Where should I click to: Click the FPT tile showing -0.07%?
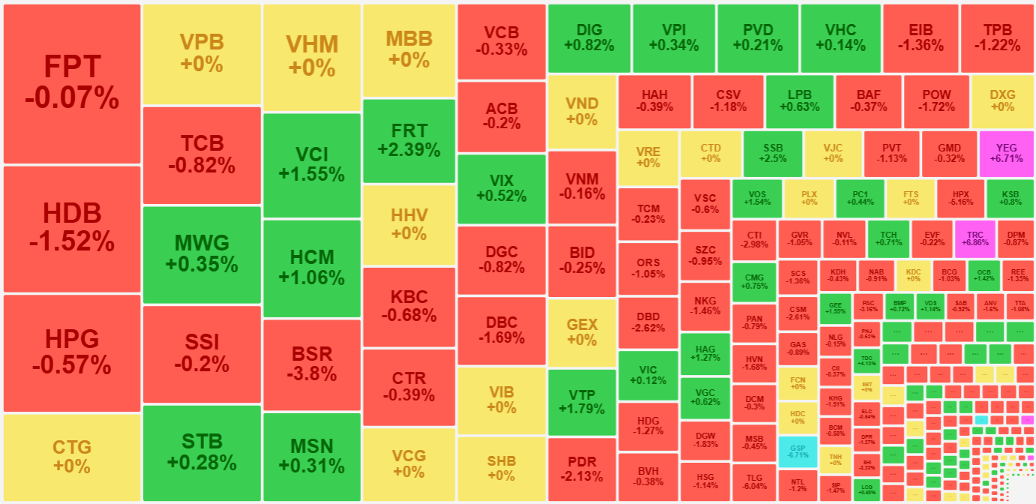[x=72, y=83]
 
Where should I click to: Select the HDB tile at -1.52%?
[x=72, y=228]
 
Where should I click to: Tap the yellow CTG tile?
[x=72, y=456]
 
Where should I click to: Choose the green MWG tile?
[x=202, y=254]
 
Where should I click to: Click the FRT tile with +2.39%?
[x=409, y=140]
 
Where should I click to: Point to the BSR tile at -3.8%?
[x=311, y=364]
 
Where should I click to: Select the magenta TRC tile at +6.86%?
[x=975, y=238]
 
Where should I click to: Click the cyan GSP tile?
[x=797, y=451]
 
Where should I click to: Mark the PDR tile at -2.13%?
[x=582, y=468]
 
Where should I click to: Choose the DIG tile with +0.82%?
[x=589, y=37]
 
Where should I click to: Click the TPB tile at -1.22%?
[x=997, y=37]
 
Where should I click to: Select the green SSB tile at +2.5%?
[x=773, y=153]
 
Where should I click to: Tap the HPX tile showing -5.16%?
[x=961, y=197]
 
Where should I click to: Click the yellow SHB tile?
[x=501, y=468]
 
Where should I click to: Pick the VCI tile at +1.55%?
[x=311, y=164]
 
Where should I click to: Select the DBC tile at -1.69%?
[x=501, y=330]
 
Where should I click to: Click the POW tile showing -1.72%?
[x=935, y=101]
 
